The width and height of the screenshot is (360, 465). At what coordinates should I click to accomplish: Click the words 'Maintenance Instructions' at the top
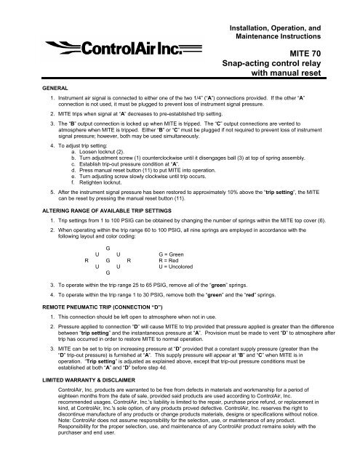click(276, 36)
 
